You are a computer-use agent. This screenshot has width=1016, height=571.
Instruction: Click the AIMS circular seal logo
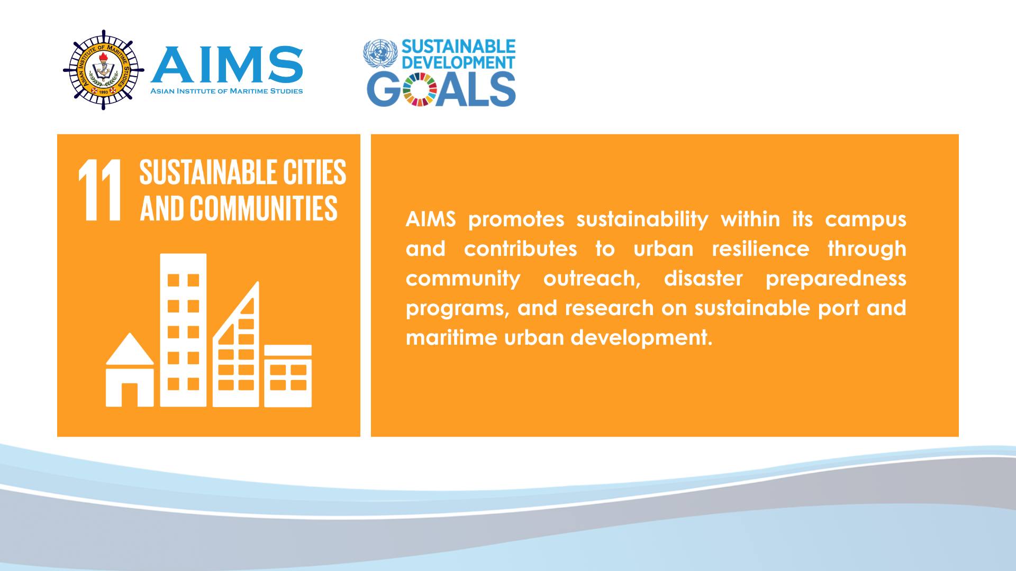104,70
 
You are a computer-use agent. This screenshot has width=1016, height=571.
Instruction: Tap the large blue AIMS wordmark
227,65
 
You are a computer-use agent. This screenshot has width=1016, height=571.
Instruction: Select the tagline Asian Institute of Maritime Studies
226,91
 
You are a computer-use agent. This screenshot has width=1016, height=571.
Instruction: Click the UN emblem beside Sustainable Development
380,54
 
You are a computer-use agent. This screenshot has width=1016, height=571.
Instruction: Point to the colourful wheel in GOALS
420,89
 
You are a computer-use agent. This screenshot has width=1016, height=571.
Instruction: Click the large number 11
100,190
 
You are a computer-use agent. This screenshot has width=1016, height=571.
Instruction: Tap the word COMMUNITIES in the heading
264,208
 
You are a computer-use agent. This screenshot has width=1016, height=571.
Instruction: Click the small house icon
130,370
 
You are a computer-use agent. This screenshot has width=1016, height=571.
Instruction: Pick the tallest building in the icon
183,330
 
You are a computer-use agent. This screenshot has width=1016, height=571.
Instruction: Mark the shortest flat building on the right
288,376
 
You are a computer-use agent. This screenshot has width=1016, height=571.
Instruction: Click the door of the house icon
130,395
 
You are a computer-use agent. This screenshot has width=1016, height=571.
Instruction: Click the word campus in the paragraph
866,219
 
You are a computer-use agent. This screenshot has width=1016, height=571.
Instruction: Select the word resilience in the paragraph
760,248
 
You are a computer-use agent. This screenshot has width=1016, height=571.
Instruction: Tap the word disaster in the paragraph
703,278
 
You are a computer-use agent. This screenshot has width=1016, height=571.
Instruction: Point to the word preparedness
836,279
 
